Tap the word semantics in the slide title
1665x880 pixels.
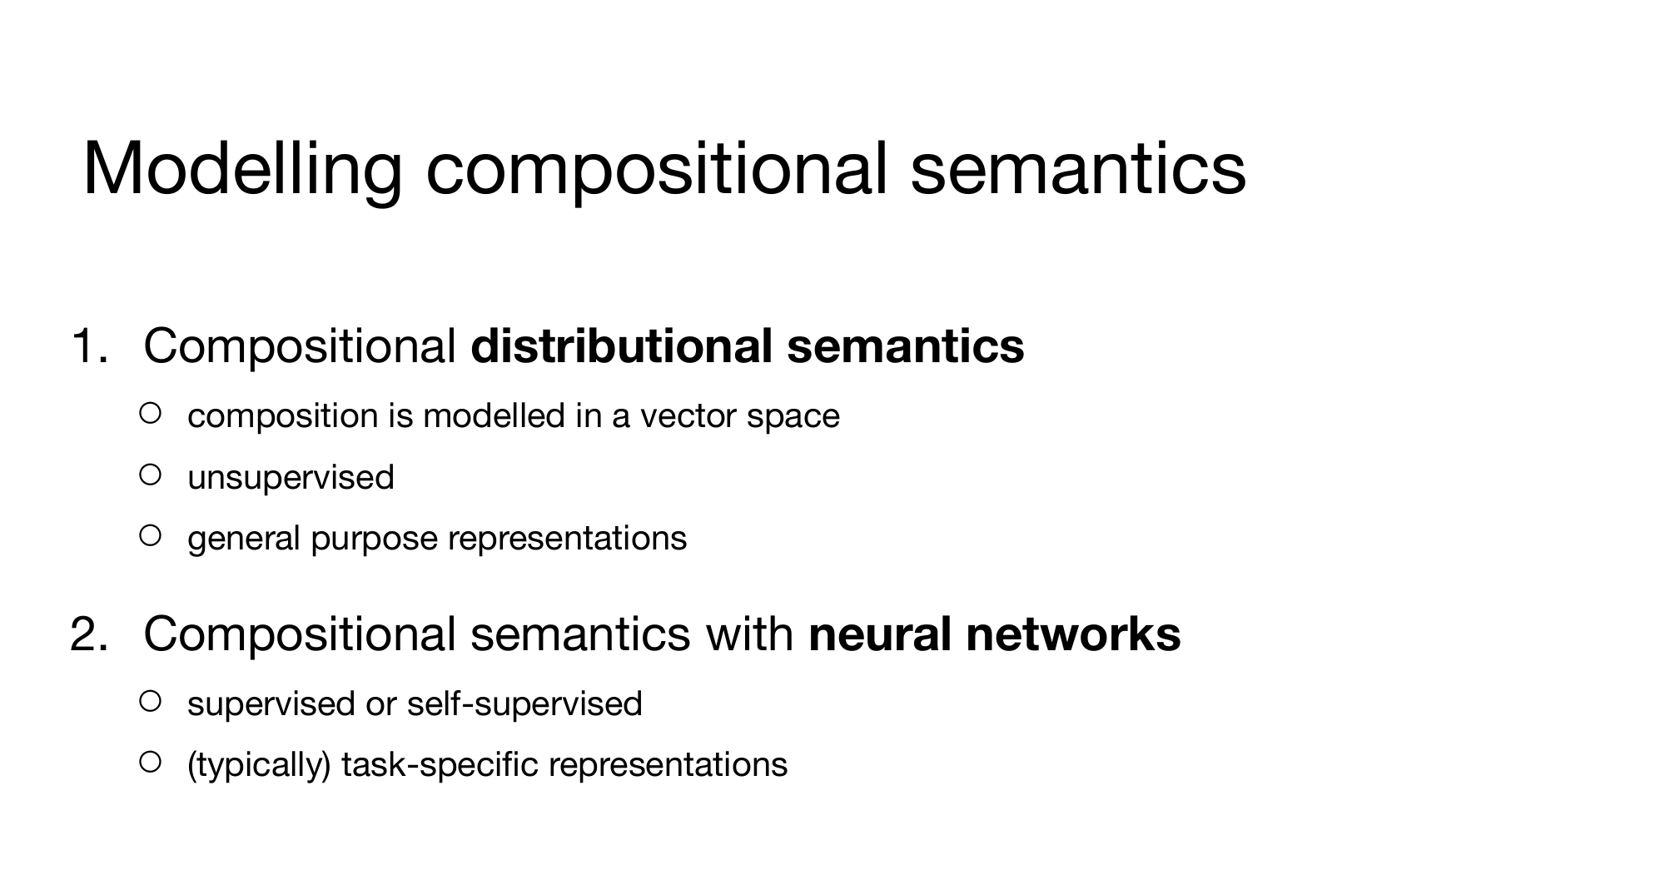(1078, 169)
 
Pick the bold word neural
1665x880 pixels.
(879, 634)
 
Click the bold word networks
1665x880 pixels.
(1073, 634)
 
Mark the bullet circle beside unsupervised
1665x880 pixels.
(150, 475)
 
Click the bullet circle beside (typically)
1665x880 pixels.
(150, 762)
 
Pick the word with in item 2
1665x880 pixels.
(749, 634)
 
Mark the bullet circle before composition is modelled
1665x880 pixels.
(150, 413)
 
